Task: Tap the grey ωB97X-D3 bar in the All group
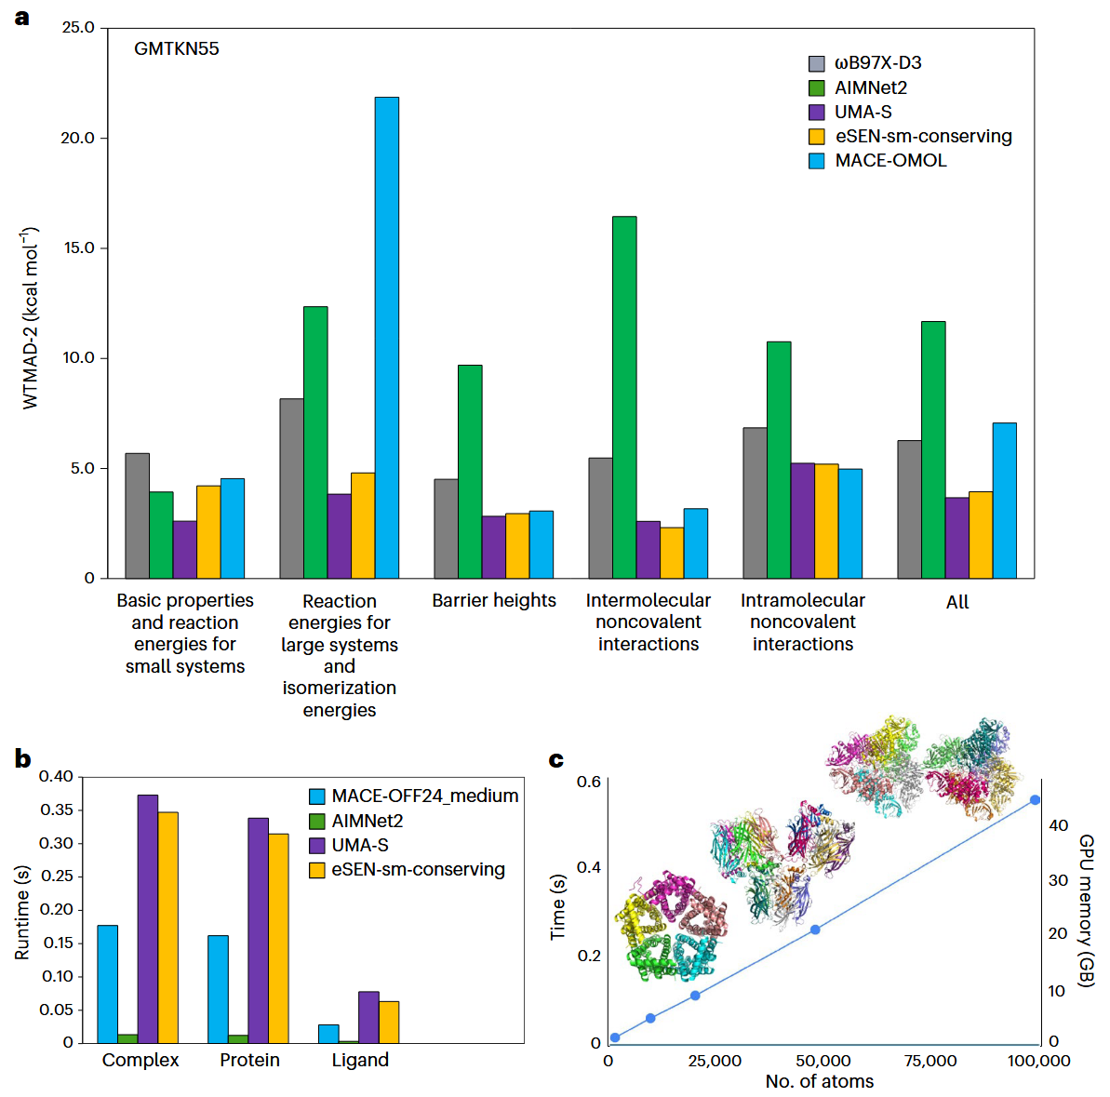coord(909,509)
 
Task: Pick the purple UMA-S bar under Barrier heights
coord(493,547)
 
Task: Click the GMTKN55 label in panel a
coord(177,49)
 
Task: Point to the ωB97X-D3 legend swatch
coord(817,63)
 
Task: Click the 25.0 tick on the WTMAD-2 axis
coord(78,28)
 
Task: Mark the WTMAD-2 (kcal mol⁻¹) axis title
coord(31,317)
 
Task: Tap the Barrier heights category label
coord(494,601)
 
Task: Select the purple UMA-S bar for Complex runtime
coord(148,918)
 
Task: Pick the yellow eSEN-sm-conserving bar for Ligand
coord(389,1022)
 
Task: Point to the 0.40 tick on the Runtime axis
coord(56,776)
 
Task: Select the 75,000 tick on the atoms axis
coord(930,1061)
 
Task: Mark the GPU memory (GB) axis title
coord(1086,910)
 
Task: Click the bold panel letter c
coord(556,760)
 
